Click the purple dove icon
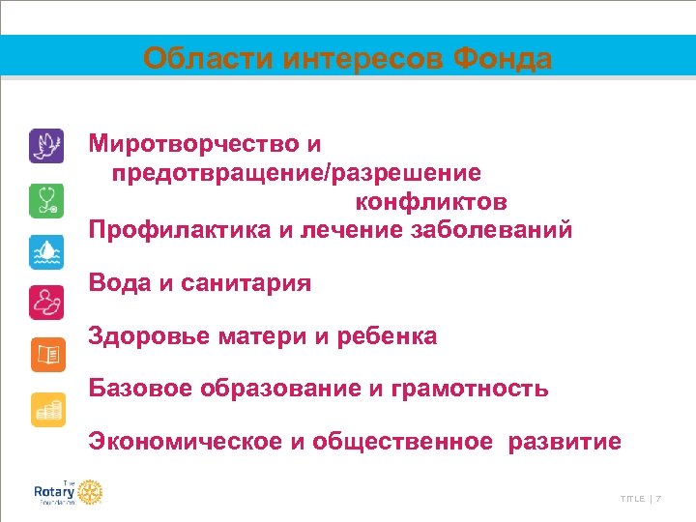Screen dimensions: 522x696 46,146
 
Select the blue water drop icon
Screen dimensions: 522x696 46,251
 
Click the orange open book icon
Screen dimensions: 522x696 46,356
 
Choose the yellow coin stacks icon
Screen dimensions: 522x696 46,409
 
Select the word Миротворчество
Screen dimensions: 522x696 194,145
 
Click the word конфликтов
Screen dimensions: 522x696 431,202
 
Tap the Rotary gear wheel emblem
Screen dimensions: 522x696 90,492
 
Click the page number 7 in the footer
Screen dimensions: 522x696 658,499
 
